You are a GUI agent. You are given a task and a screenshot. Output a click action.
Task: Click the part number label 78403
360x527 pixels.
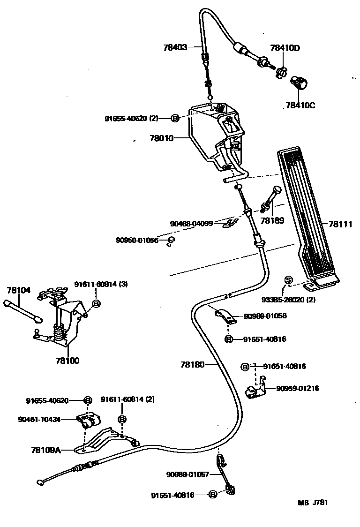[x=175, y=47]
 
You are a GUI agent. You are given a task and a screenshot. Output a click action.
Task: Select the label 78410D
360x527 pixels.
[x=285, y=48]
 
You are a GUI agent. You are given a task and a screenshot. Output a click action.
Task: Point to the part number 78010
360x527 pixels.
[x=162, y=138]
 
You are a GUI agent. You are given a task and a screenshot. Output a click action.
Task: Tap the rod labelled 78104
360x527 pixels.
[x=22, y=310]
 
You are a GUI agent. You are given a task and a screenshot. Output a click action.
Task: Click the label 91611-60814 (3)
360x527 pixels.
[x=101, y=284]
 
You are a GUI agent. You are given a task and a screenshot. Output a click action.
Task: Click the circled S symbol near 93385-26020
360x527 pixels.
[x=288, y=280]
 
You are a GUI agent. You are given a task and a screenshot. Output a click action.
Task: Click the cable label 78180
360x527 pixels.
[x=193, y=364]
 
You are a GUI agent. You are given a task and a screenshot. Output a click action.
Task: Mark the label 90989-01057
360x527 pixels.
[x=191, y=474]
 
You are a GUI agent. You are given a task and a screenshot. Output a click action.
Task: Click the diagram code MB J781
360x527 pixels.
[x=313, y=503]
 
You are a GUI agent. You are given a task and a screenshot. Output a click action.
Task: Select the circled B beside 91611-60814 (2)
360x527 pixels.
[x=121, y=419]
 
